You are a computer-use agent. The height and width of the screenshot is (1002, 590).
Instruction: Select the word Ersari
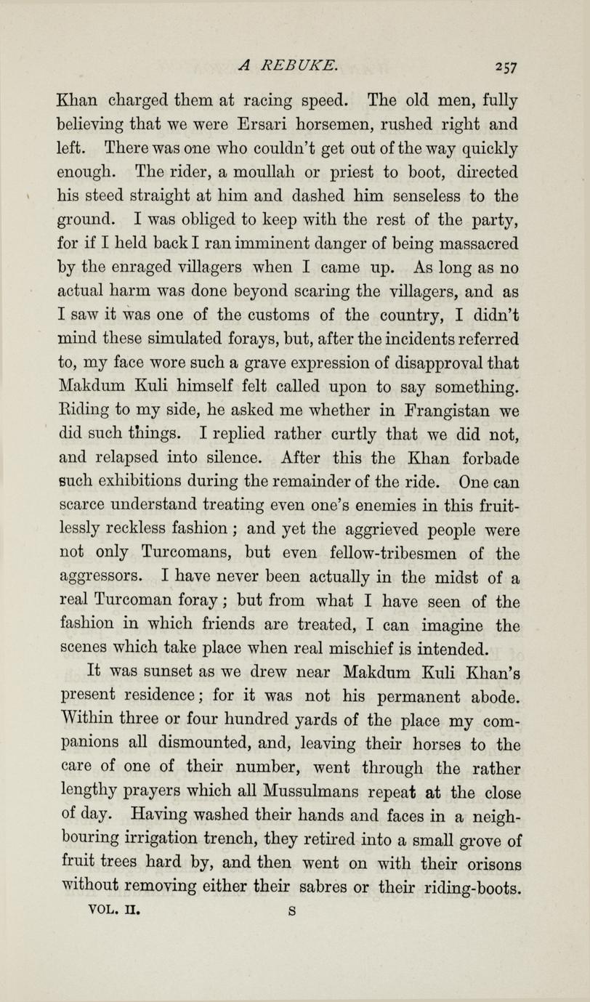(x=253, y=121)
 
